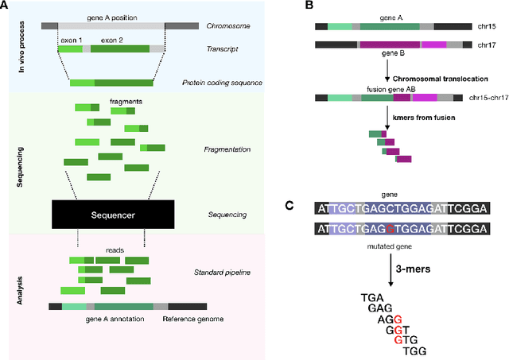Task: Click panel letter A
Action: tap(6, 6)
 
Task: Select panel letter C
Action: tap(288, 204)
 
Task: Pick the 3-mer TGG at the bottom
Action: tap(414, 350)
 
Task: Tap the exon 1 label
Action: tap(70, 37)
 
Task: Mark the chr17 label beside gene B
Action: tap(489, 47)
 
